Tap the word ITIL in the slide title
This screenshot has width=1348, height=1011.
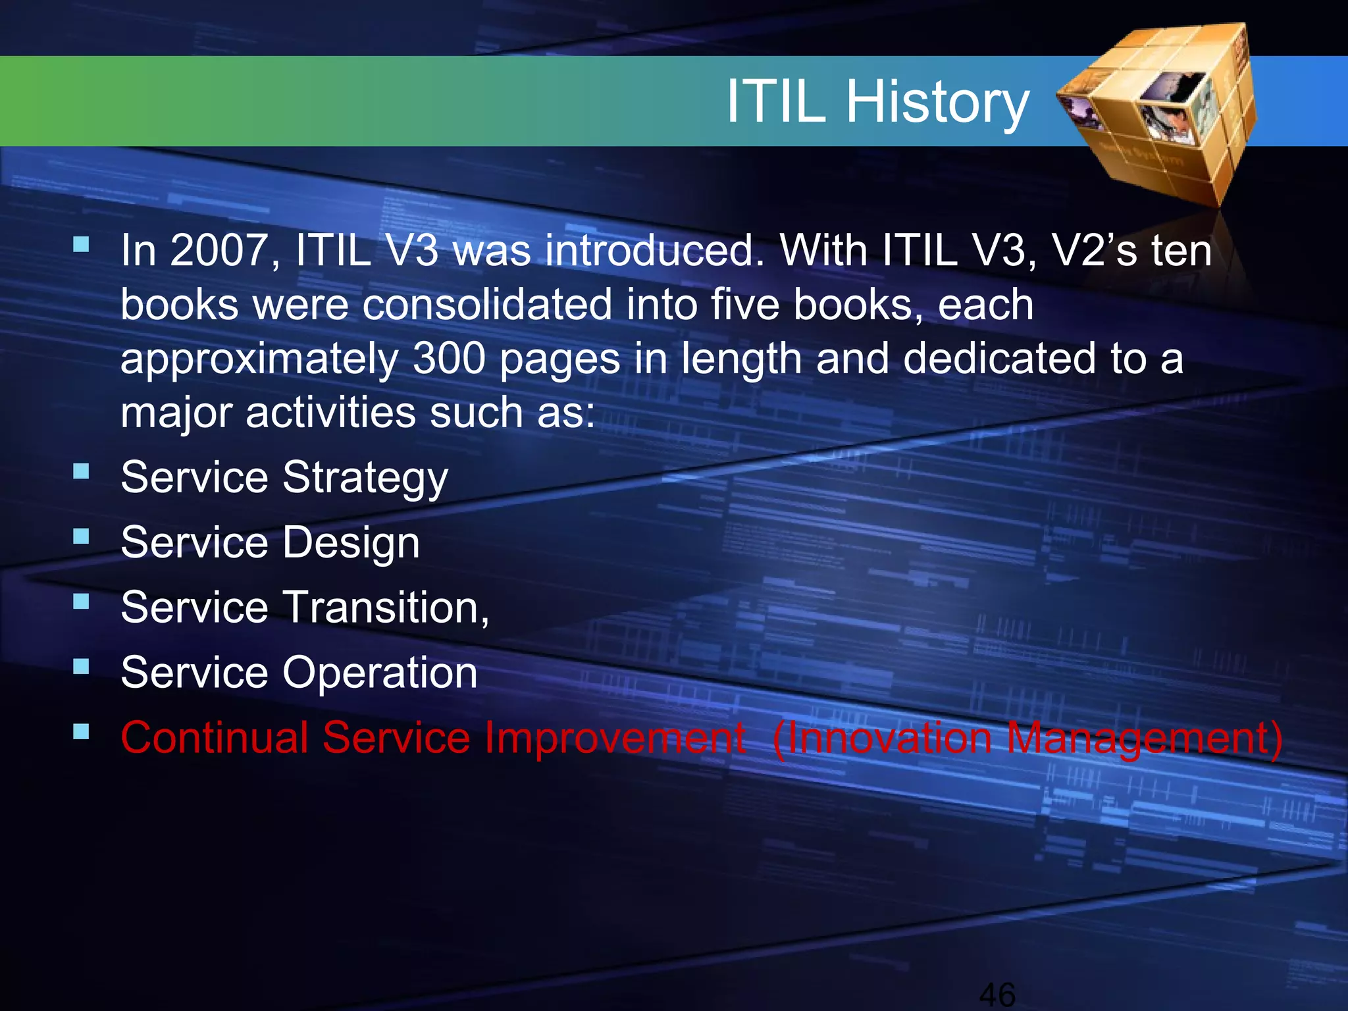(x=777, y=102)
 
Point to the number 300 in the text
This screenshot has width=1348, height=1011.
(x=450, y=359)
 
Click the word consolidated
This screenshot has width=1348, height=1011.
(x=487, y=305)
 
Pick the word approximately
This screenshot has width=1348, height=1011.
(x=259, y=360)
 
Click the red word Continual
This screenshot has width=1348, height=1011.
(x=215, y=737)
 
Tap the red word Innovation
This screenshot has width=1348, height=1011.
(x=889, y=738)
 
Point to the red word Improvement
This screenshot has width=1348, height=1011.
(x=615, y=738)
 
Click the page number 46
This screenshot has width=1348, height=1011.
(x=997, y=995)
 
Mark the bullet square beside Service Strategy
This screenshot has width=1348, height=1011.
(x=81, y=471)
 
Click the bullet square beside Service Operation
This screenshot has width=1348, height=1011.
(x=81, y=667)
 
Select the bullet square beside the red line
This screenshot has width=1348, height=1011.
(x=81, y=732)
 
